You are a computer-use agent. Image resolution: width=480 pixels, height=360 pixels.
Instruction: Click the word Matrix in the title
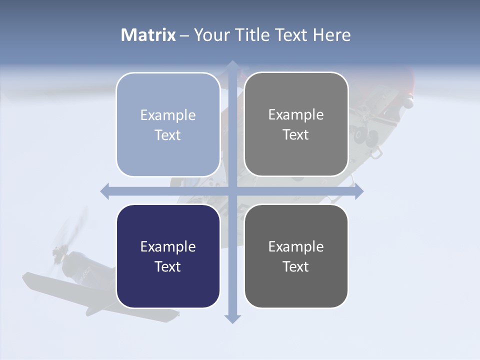(148, 35)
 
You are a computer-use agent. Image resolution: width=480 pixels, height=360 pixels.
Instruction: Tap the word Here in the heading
(332, 35)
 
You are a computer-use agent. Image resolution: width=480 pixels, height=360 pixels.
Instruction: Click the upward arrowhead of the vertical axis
(232, 65)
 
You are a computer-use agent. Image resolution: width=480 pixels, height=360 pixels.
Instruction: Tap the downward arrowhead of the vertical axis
(232, 319)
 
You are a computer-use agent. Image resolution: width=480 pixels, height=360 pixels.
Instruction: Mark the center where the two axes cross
(232, 191)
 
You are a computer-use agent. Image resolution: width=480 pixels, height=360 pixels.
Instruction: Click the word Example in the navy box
(168, 246)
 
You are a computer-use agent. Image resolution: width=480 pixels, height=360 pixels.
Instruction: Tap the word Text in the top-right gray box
(296, 135)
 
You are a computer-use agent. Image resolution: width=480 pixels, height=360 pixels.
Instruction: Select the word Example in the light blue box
(168, 115)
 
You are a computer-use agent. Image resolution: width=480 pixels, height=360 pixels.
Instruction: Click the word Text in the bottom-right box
(296, 266)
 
